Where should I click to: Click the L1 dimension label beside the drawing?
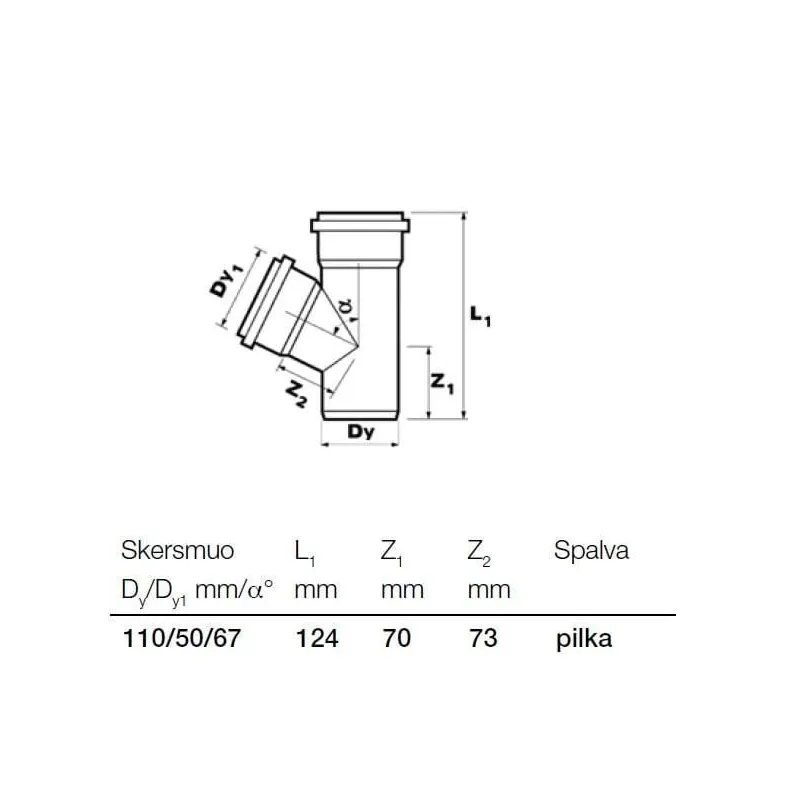480,319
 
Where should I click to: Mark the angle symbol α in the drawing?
345,307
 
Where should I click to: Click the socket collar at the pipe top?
360,221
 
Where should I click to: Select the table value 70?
396,639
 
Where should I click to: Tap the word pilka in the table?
583,639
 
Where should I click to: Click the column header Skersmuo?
177,551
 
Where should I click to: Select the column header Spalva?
591,551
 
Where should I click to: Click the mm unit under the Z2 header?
489,589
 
